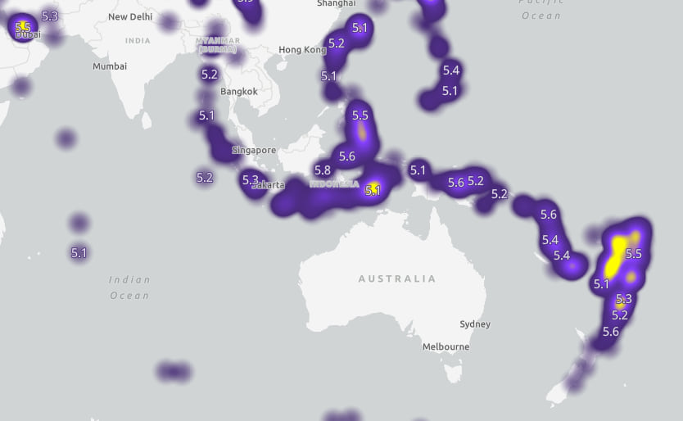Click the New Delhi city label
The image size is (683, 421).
130,16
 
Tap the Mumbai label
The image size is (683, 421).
110,66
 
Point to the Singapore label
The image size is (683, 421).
254,151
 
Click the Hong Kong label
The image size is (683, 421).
302,50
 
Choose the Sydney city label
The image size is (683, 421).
475,324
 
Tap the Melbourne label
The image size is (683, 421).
446,347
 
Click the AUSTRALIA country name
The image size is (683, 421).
397,279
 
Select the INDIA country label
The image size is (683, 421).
138,41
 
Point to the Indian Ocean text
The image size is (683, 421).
129,287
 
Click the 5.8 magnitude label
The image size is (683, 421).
323,170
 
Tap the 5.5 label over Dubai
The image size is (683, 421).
23,27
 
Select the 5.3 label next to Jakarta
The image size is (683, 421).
250,180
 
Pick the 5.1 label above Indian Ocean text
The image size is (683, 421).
79,252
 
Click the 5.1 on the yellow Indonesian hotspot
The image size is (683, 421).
373,190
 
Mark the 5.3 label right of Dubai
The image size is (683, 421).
50,16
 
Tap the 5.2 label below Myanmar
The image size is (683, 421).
210,74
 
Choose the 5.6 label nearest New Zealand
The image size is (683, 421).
611,332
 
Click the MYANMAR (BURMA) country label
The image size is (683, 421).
219,45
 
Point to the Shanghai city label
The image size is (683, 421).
336,4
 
